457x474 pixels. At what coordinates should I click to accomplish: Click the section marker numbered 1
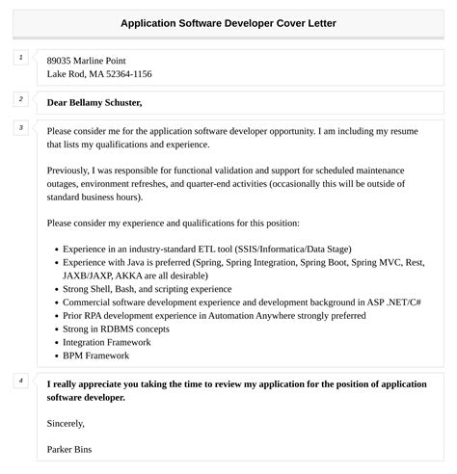pyautogui.click(x=20, y=58)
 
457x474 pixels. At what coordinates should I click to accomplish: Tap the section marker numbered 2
pyautogui.click(x=20, y=98)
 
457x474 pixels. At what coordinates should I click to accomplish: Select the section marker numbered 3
pyautogui.click(x=20, y=127)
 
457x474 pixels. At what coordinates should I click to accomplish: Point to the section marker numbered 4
pyautogui.click(x=20, y=381)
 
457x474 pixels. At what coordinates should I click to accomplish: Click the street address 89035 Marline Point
pyautogui.click(x=86, y=60)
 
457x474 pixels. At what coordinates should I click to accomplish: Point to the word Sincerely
pyautogui.click(x=66, y=423)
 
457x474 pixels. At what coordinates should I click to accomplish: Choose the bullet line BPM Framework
pyautogui.click(x=94, y=355)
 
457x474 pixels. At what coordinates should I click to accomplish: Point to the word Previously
pyautogui.click(x=72, y=170)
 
